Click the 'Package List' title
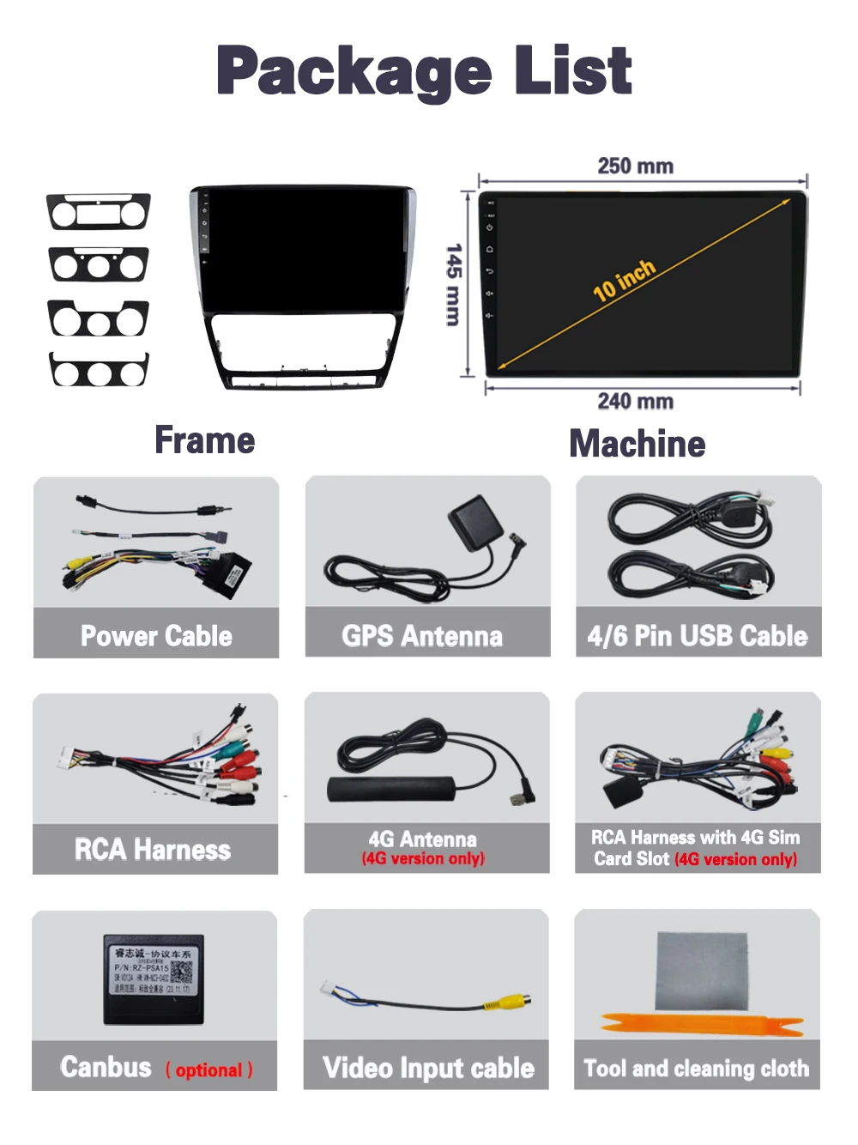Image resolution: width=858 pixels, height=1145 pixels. tap(424, 71)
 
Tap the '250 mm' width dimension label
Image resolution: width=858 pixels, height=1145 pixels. tap(635, 166)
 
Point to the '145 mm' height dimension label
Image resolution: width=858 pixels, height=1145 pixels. tap(454, 284)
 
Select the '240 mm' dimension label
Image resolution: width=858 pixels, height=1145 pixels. tap(635, 401)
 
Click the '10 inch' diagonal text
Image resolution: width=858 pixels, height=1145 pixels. tap(624, 280)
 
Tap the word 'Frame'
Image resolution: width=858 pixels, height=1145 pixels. tap(204, 440)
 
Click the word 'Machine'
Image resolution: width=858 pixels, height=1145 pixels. tap(637, 444)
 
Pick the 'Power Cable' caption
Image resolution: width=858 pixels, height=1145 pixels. tap(156, 636)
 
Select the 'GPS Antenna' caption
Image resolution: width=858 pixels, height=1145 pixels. tap(422, 636)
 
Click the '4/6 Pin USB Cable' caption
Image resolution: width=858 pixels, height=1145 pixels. tap(698, 636)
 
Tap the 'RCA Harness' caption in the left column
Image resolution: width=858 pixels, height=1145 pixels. tap(153, 850)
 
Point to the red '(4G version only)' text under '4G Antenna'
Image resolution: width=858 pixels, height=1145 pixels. tap(423, 858)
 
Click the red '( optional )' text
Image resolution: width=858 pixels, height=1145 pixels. tap(209, 1070)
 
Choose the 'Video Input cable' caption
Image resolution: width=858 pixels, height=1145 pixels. tap(428, 1068)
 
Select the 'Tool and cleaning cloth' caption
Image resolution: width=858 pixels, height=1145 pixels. tap(697, 1069)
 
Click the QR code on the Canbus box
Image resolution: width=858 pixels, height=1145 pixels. tap(182, 972)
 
